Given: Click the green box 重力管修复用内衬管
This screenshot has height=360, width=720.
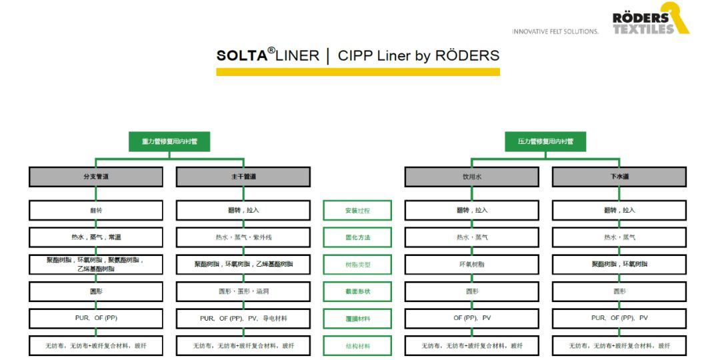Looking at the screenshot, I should pyautogui.click(x=169, y=141).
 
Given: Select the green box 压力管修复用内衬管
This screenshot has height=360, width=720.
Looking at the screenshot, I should pyautogui.click(x=545, y=141).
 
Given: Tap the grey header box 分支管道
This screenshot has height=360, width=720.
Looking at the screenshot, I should pyautogui.click(x=95, y=177).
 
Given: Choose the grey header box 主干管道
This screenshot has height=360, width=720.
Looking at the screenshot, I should pyautogui.click(x=243, y=177).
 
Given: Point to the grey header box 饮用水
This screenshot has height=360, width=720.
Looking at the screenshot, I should pyautogui.click(x=471, y=177).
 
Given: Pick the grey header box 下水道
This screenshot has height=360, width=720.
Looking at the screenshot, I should pyautogui.click(x=619, y=177).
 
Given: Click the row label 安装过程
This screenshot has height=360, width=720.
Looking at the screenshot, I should pyautogui.click(x=357, y=211).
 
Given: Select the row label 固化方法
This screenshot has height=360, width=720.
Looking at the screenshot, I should pyautogui.click(x=357, y=237).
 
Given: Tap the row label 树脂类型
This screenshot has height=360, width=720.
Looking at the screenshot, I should pyautogui.click(x=357, y=265).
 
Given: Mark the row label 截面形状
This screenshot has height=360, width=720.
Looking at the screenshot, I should pyautogui.click(x=357, y=291).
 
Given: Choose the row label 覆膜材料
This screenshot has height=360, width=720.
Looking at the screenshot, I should pyautogui.click(x=357, y=319).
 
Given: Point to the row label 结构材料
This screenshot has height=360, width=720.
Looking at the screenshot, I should pyautogui.click(x=357, y=346).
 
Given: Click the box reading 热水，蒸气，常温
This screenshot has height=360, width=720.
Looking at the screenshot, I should pyautogui.click(x=95, y=237).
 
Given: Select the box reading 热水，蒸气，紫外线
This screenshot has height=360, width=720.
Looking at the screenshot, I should pyautogui.click(x=243, y=237).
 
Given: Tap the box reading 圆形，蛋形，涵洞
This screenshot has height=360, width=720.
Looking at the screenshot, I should pyautogui.click(x=243, y=291).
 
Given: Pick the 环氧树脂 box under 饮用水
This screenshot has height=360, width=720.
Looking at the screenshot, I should pyautogui.click(x=471, y=265).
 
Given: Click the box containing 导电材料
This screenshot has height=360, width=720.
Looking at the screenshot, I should pyautogui.click(x=243, y=319).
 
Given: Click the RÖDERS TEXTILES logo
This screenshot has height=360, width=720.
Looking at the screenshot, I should pyautogui.click(x=651, y=19).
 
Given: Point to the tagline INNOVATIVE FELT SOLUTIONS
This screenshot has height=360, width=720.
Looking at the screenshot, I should pyautogui.click(x=555, y=31).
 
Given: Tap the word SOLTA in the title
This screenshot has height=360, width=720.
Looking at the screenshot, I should pyautogui.click(x=241, y=56).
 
